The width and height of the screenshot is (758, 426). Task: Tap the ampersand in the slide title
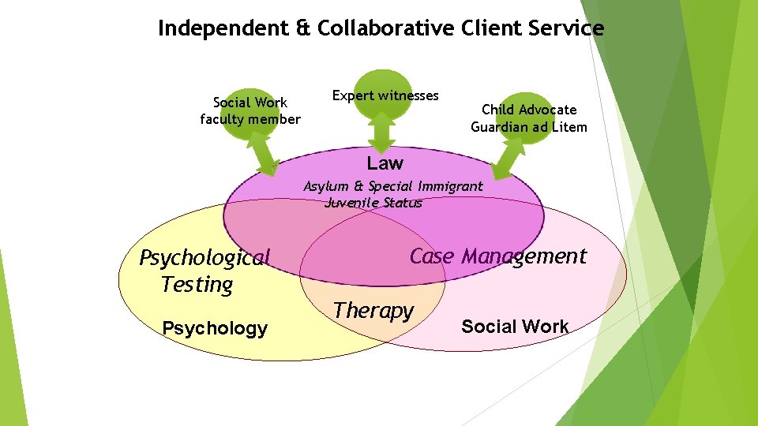point(302,28)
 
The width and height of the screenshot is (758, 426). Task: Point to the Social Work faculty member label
point(250,110)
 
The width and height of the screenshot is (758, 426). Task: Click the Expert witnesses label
point(385,95)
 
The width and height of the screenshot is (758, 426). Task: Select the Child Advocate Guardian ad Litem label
point(529,118)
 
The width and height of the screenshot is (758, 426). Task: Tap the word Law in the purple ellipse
point(385,163)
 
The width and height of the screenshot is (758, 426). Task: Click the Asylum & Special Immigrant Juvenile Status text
point(392,194)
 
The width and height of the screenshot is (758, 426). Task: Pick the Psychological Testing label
point(204,271)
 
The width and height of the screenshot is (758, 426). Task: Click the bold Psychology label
point(214,328)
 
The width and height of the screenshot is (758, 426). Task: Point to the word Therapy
point(373,310)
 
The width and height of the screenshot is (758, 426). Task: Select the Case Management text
point(497,256)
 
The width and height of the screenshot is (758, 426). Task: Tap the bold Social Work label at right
point(514,327)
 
